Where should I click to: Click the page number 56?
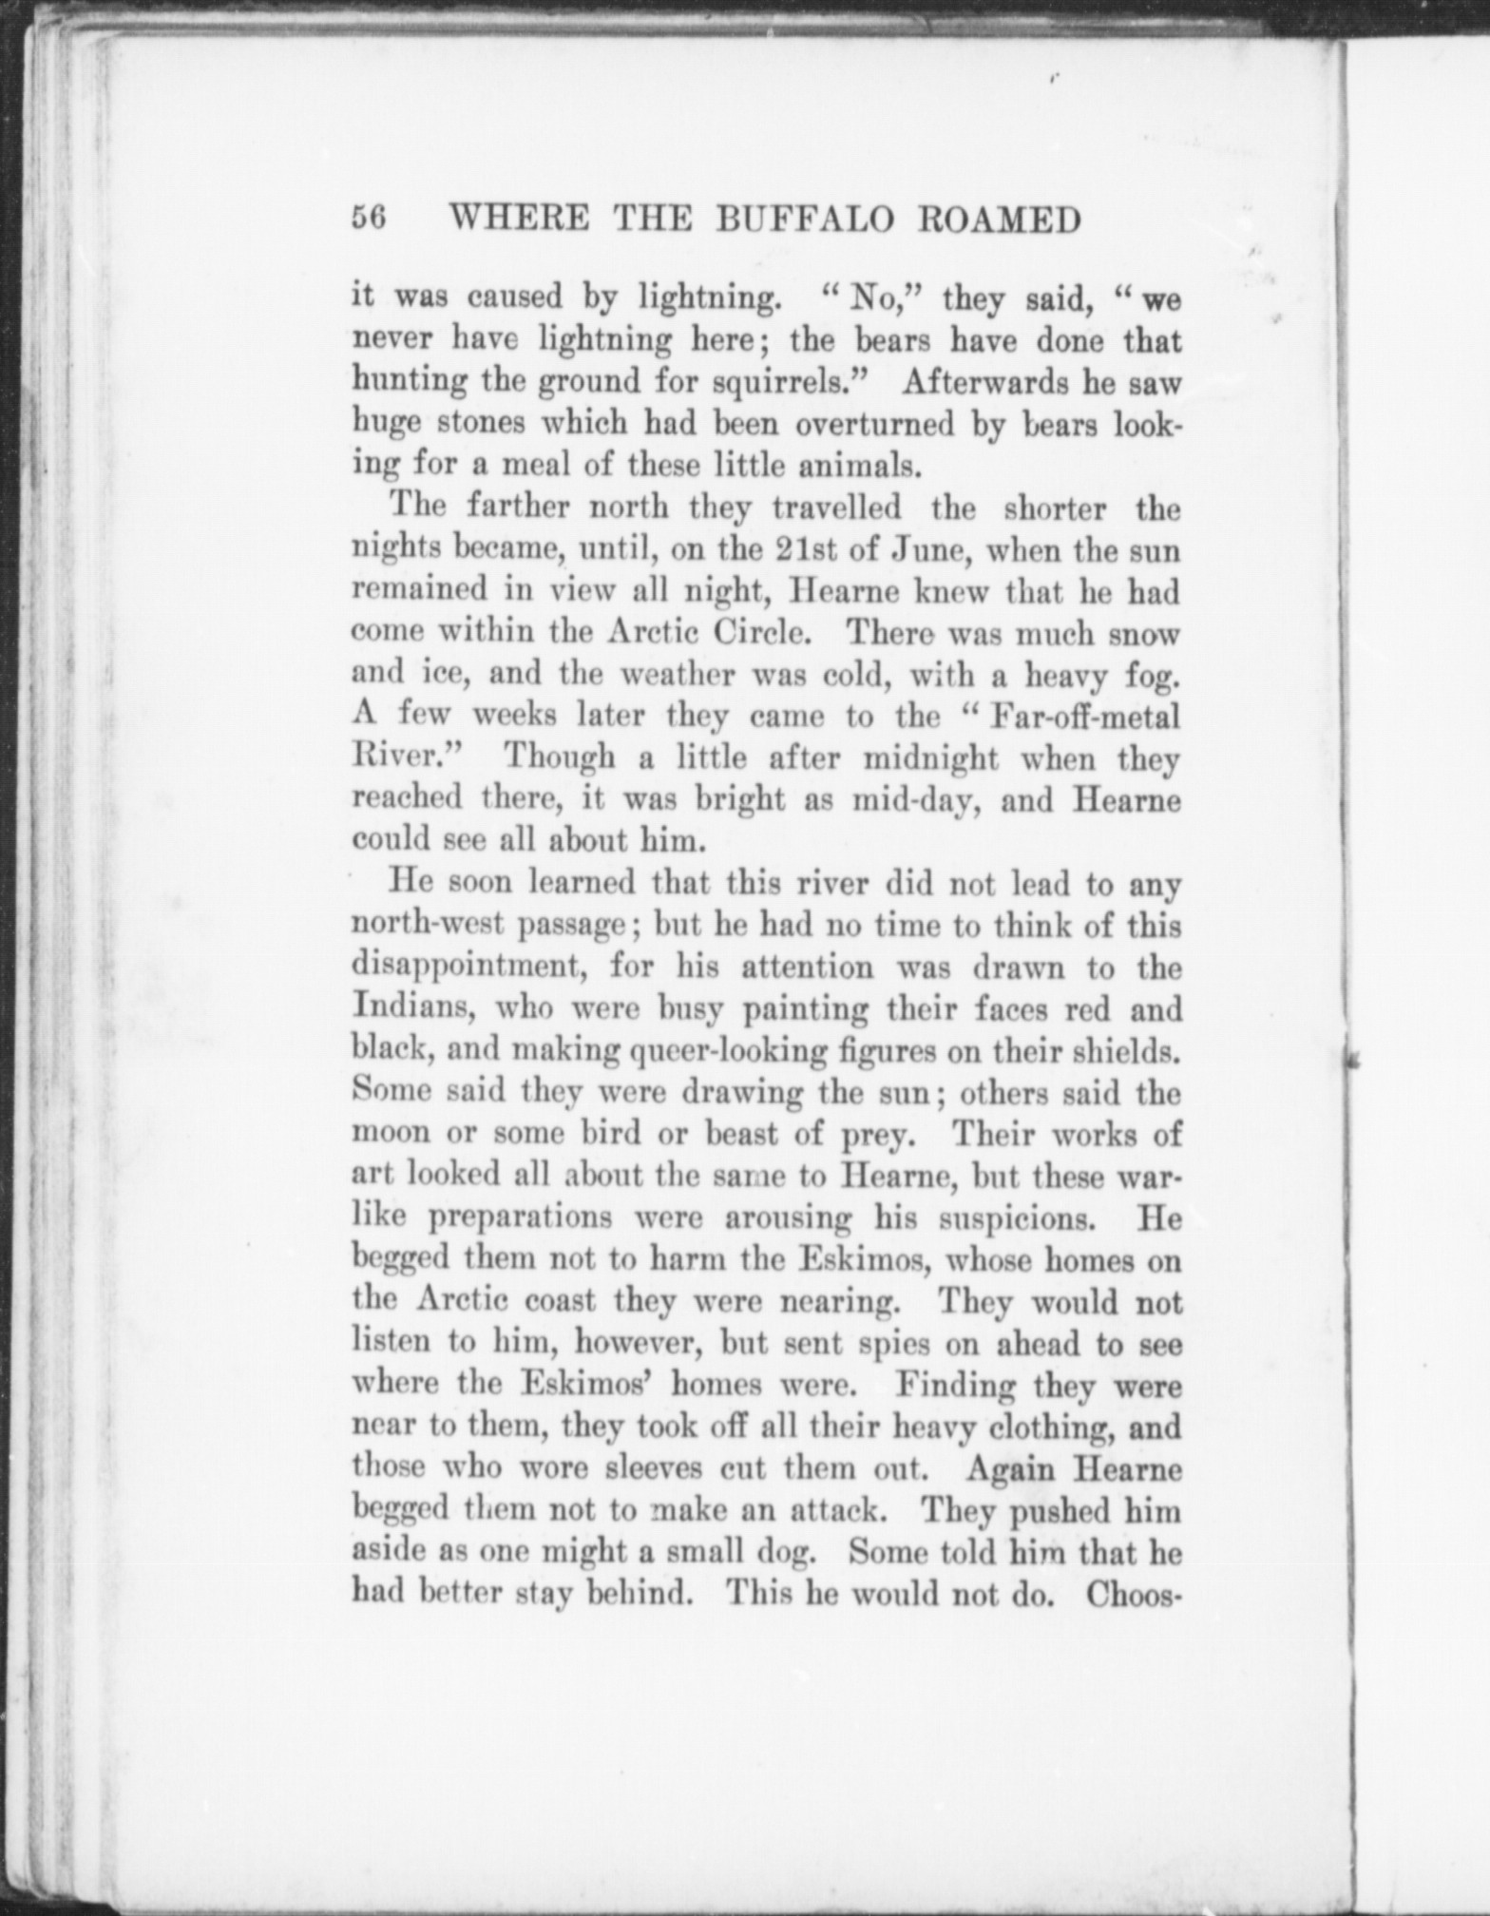(368, 219)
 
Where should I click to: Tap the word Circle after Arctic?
(768, 633)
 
